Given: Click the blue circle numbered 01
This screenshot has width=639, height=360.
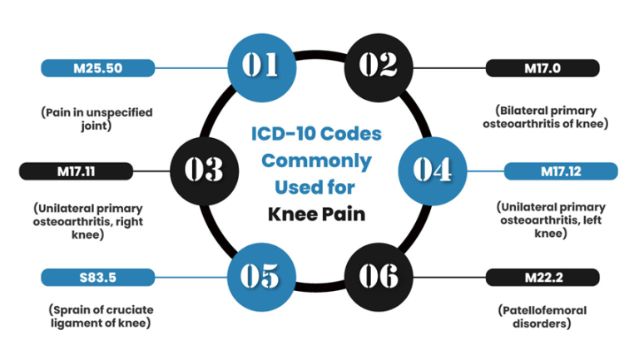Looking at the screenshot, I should [260, 65].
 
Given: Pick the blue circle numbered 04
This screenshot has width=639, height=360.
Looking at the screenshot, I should [432, 170].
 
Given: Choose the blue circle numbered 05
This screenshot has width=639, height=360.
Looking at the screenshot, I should [260, 274].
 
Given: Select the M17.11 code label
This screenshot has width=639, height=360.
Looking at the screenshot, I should [76, 170].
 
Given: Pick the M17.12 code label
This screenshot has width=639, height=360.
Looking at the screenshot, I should [562, 170].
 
